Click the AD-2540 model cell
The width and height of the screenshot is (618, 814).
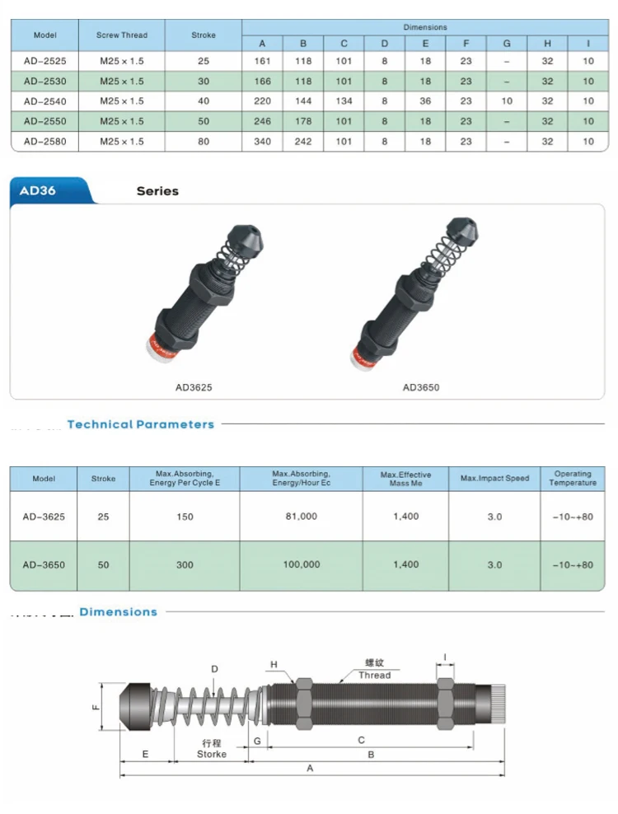[45, 101]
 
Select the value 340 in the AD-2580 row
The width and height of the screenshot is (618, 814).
[262, 141]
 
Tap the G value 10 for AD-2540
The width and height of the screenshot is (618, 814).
[507, 101]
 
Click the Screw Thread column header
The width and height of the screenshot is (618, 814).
[122, 35]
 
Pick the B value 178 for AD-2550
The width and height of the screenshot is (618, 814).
[303, 121]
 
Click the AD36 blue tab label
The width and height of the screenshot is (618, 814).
[37, 190]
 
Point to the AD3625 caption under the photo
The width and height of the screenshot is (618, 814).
[194, 387]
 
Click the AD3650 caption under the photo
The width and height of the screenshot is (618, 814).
[421, 387]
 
